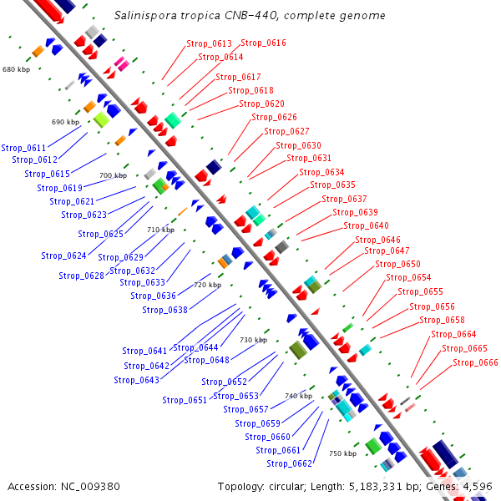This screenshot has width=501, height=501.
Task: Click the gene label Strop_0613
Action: click(x=209, y=43)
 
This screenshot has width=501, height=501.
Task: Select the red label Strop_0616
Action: click(x=263, y=43)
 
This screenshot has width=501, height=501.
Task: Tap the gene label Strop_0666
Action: click(x=475, y=362)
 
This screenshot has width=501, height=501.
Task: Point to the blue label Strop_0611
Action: click(x=23, y=148)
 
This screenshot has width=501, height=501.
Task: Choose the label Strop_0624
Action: click(x=63, y=256)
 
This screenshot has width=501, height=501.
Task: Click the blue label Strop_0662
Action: click(x=289, y=463)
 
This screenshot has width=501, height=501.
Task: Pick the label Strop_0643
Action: click(x=136, y=380)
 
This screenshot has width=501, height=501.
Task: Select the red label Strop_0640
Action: click(x=367, y=225)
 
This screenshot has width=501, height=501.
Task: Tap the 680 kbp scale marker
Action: click(x=17, y=69)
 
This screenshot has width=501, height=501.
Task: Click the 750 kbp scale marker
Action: click(x=343, y=453)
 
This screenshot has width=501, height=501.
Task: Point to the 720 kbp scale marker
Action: click(x=208, y=285)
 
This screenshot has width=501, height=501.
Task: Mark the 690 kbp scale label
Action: click(x=65, y=122)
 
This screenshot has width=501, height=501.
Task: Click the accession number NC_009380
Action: click(x=90, y=487)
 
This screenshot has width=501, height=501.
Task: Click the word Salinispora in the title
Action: click(x=145, y=15)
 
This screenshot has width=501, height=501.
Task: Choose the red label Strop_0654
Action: click(x=408, y=277)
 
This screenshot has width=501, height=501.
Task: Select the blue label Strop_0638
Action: click(x=164, y=310)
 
